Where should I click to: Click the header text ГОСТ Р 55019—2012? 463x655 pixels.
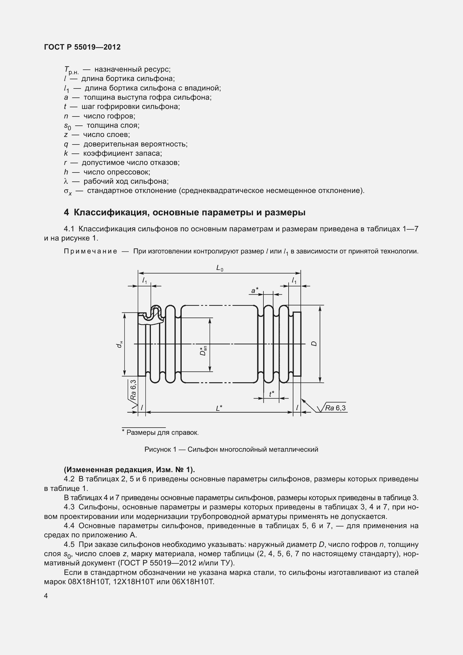(x=82, y=47)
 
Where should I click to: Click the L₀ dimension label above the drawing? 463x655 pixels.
(x=219, y=268)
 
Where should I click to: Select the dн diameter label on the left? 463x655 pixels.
(x=120, y=344)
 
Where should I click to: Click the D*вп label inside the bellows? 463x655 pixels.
(x=203, y=351)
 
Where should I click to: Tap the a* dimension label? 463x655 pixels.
(x=254, y=290)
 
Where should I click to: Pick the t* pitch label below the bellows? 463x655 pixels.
(x=272, y=394)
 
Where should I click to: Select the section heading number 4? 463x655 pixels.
(x=66, y=213)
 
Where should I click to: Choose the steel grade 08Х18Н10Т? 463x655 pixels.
(x=89, y=582)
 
